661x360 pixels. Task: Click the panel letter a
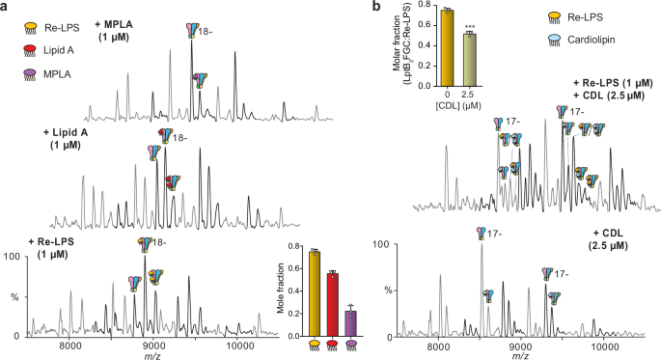pos(6,8)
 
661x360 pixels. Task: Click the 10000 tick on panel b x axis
pos(605,345)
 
